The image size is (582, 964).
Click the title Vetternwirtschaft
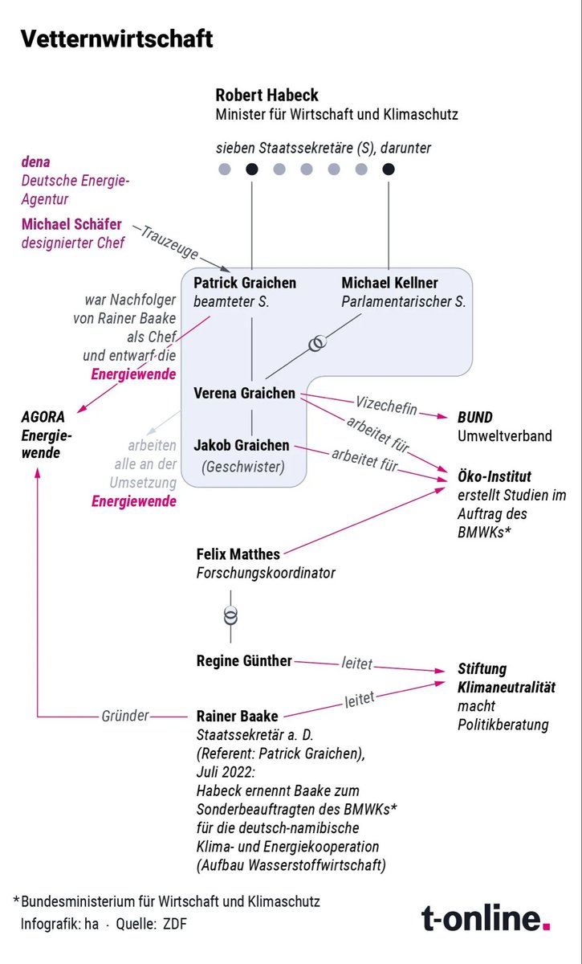tap(117, 39)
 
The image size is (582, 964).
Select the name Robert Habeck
tap(267, 96)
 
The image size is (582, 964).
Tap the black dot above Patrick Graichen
tap(252, 169)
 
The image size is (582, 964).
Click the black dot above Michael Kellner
tap(389, 169)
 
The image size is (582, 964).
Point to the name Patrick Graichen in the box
tap(245, 283)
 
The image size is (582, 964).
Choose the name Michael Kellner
tap(389, 283)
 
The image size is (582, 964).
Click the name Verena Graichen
tap(244, 394)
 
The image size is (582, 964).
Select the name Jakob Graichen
tap(241, 445)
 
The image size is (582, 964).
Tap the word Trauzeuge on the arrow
tap(169, 243)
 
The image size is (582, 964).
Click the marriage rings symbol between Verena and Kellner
tap(318, 343)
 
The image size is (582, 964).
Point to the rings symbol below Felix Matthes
tap(231, 616)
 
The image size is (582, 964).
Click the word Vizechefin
tap(386, 407)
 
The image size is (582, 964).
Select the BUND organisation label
tap(474, 418)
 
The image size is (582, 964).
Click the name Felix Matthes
tap(239, 554)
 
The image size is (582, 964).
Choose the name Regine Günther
tap(244, 661)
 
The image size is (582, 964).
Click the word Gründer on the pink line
tap(125, 715)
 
